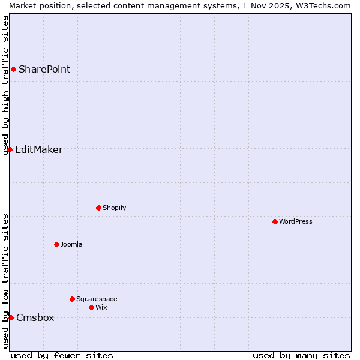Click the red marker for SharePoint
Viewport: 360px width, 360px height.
coord(13,69)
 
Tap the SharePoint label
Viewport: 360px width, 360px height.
coord(44,69)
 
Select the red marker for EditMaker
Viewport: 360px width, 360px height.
coord(10,149)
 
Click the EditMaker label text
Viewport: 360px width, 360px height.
coord(38,149)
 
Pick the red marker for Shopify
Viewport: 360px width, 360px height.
coord(98,208)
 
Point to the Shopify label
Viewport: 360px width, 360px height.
coord(114,208)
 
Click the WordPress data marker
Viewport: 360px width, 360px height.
coord(275,221)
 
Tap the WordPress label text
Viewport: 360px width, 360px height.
coord(296,221)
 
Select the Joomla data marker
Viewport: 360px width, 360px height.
coord(56,244)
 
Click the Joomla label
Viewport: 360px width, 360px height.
coord(71,244)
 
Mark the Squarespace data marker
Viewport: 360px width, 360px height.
coord(72,299)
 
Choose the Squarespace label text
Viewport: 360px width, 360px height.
coord(97,299)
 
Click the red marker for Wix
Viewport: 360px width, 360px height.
coord(91,307)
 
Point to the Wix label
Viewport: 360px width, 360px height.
coord(101,307)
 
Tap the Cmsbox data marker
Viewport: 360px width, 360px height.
coord(11,317)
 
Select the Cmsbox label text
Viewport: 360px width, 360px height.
coord(35,317)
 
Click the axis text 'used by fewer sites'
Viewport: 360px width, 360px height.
coord(62,355)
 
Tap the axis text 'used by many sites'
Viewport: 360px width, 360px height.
coord(301,355)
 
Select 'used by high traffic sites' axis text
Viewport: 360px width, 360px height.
coord(5,85)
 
